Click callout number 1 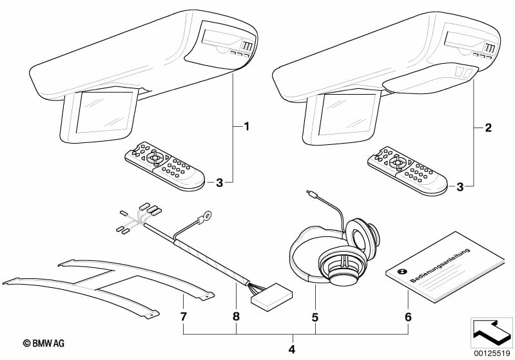pyautogui.click(x=246, y=126)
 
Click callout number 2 pyautogui.click(x=489, y=128)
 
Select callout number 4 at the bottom pyautogui.click(x=291, y=350)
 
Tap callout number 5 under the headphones pyautogui.click(x=315, y=317)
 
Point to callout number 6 pyautogui.click(x=408, y=317)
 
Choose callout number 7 pyautogui.click(x=183, y=317)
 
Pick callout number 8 pyautogui.click(x=236, y=317)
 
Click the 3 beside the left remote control pyautogui.click(x=219, y=183)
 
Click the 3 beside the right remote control pyautogui.click(x=460, y=187)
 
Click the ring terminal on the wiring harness pyautogui.click(x=207, y=216)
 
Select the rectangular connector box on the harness pyautogui.click(x=271, y=297)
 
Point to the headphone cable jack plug pyautogui.click(x=313, y=194)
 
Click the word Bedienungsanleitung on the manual pyautogui.click(x=440, y=265)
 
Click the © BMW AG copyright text pyautogui.click(x=44, y=343)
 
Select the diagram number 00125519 pyautogui.click(x=491, y=353)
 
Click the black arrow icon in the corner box pyautogui.click(x=492, y=332)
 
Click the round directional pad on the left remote pyautogui.click(x=155, y=158)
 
